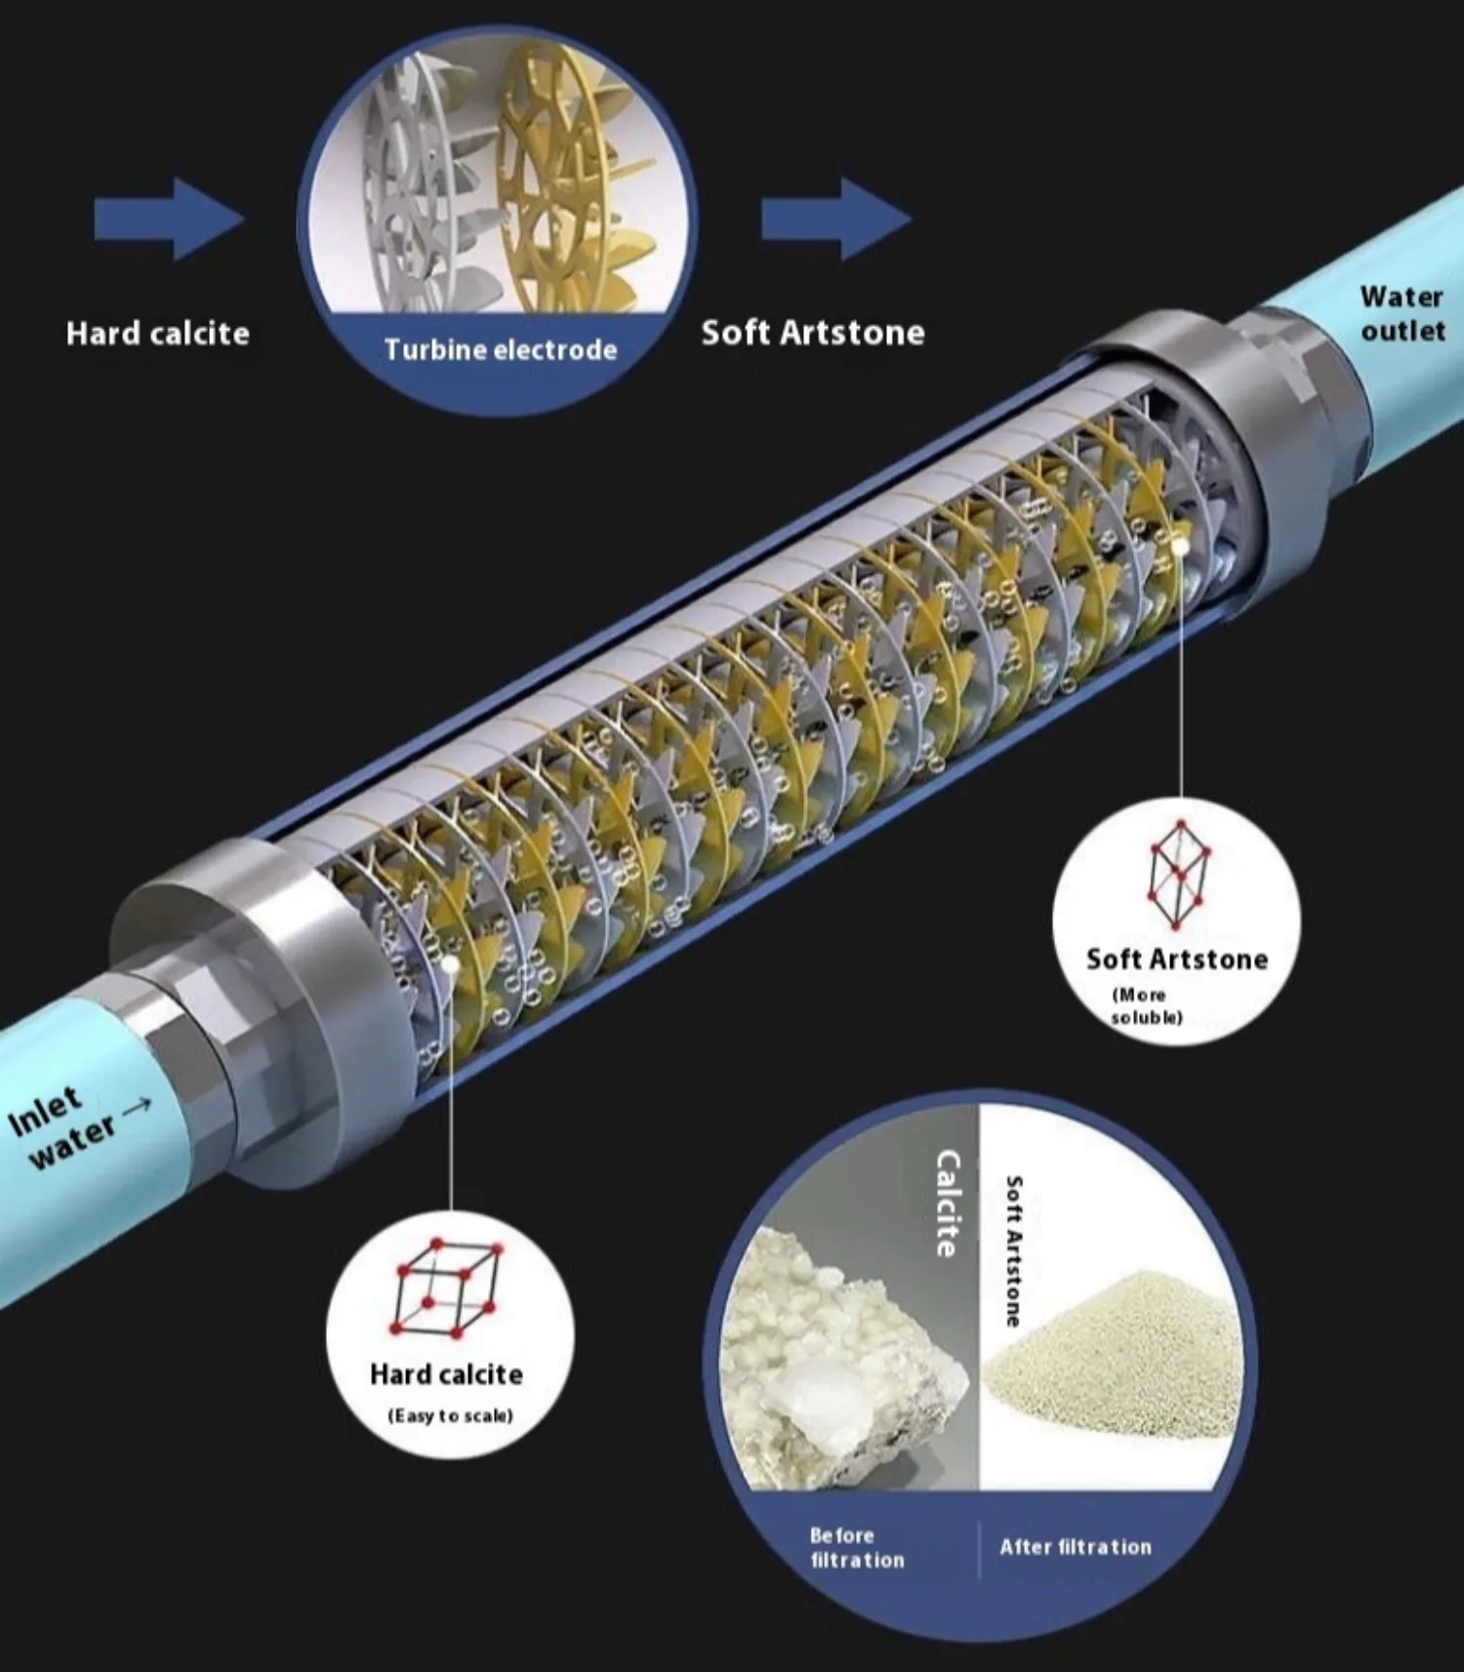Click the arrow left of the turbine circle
[x=168, y=221]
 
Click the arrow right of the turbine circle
[x=835, y=219]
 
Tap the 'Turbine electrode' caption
[x=500, y=349]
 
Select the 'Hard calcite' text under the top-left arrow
[x=157, y=334]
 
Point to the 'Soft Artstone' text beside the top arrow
[x=812, y=333]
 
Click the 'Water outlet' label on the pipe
[x=1402, y=313]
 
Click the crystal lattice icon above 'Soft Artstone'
[x=1178, y=874]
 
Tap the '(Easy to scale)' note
[x=450, y=1415]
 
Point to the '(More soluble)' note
[x=1144, y=1006]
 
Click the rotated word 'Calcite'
[x=948, y=1203]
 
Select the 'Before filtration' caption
[x=856, y=1547]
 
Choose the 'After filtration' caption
[x=1075, y=1546]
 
